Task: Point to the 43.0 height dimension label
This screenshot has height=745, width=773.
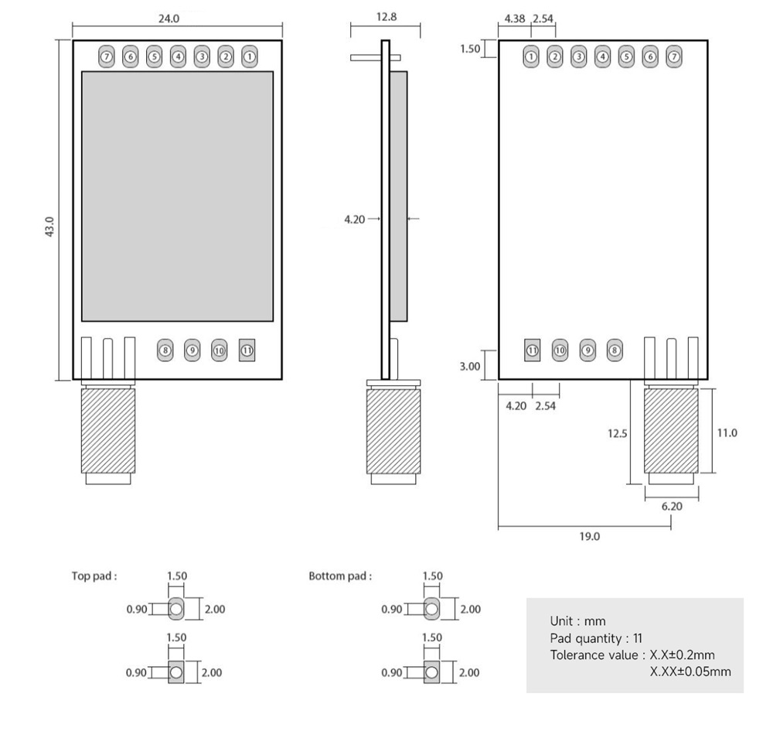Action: [49, 227]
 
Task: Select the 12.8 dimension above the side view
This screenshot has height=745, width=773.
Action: [386, 16]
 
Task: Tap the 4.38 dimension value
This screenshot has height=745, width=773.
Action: [515, 18]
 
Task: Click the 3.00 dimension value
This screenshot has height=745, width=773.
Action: [469, 367]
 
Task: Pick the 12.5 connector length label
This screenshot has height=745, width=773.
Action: [618, 434]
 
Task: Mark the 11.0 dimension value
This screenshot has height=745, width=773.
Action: [727, 432]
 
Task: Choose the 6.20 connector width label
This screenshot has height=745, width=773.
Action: [672, 506]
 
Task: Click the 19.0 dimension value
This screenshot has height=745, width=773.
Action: [589, 535]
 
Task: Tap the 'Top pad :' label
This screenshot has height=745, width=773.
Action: [94, 576]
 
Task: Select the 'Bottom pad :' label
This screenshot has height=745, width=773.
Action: [340, 576]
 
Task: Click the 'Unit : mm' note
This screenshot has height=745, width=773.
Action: [577, 621]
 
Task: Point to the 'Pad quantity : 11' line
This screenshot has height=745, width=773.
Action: [595, 638]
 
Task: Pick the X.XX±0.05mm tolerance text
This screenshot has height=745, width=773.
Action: [690, 672]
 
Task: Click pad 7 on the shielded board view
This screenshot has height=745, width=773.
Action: [107, 56]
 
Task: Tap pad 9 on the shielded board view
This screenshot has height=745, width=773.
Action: [192, 350]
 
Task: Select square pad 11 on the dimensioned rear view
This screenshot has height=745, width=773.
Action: [532, 350]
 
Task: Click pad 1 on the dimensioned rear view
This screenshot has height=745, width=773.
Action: [531, 56]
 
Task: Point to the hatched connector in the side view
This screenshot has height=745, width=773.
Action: [394, 431]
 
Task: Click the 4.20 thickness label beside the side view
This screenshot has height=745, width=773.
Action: [354, 220]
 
